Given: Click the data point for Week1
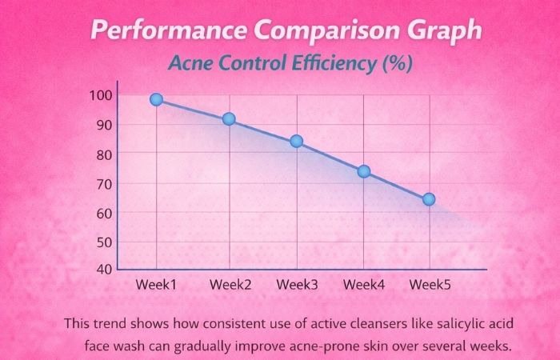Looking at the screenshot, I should (156, 100).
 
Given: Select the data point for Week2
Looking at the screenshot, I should (229, 119).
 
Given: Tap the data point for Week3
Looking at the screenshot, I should (296, 142).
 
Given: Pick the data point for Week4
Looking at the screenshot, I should (364, 171).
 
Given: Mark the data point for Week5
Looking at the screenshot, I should (429, 199).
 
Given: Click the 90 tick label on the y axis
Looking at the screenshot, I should (102, 125).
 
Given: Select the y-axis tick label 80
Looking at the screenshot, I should (102, 154).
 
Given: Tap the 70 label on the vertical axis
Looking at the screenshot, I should (102, 183).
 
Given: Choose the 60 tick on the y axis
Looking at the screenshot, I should (102, 213).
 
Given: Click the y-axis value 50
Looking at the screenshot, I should (102, 242).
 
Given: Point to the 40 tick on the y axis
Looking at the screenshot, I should (102, 268).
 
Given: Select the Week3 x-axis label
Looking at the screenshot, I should (296, 285).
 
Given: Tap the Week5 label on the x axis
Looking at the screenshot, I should (429, 285).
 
